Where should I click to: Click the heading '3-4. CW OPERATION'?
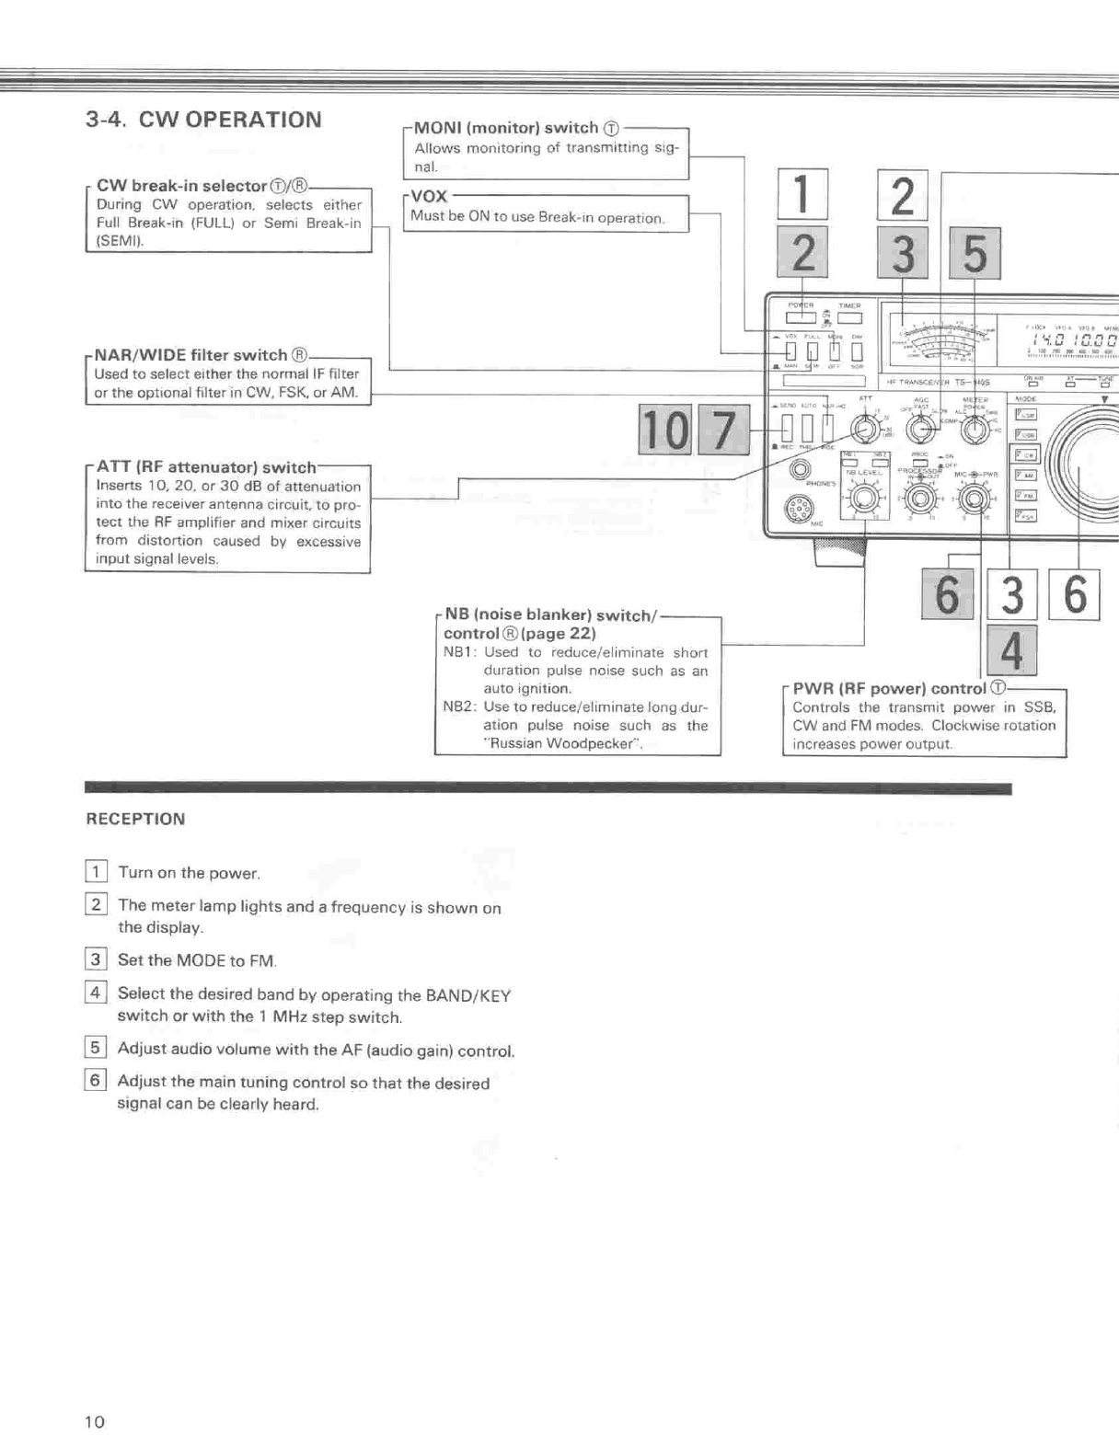pyautogui.click(x=203, y=120)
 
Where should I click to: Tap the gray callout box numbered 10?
pyautogui.click(x=664, y=430)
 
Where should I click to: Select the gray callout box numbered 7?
pyautogui.click(x=724, y=430)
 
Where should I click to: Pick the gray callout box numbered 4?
pyautogui.click(x=1010, y=650)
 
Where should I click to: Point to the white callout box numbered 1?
pyautogui.click(x=802, y=194)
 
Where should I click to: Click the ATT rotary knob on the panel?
pyautogui.click(x=864, y=430)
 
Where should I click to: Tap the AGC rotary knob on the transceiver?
pyautogui.click(x=919, y=430)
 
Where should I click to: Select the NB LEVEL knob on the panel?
pyautogui.click(x=863, y=498)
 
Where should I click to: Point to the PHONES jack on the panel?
pyautogui.click(x=800, y=470)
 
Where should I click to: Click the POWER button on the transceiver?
pyautogui.click(x=800, y=318)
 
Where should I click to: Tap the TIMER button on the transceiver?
pyautogui.click(x=848, y=318)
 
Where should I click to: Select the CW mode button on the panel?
pyautogui.click(x=1024, y=455)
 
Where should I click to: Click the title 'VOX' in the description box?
pyautogui.click(x=429, y=197)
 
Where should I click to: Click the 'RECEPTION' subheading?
pyautogui.click(x=135, y=819)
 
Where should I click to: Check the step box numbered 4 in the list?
pyautogui.click(x=95, y=993)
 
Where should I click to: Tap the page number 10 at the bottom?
pyautogui.click(x=95, y=1421)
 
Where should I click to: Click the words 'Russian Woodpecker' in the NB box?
pyautogui.click(x=564, y=743)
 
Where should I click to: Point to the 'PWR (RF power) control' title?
pyautogui.click(x=889, y=688)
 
